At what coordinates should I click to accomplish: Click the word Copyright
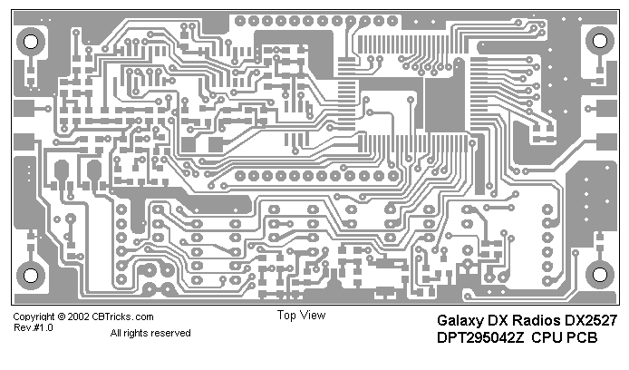(33, 317)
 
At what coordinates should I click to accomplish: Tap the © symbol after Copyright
(60, 317)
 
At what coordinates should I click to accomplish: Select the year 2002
(76, 317)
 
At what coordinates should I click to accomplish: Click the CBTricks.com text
(121, 317)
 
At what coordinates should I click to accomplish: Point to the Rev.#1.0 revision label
(34, 328)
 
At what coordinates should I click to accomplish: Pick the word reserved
(172, 334)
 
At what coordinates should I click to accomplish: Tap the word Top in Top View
(287, 316)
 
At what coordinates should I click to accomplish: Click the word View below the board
(313, 316)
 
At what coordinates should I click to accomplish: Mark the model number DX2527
(591, 321)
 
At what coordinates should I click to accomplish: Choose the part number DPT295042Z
(481, 338)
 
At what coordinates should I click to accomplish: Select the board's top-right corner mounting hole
(599, 41)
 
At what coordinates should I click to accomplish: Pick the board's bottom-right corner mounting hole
(599, 275)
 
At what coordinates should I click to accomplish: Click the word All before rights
(117, 334)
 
